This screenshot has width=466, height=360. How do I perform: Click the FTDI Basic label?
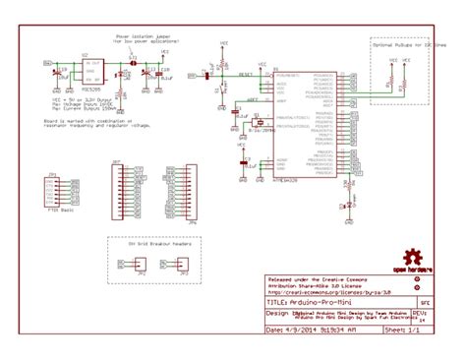click(61, 210)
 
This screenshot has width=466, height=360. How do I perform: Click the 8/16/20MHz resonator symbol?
click(254, 126)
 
